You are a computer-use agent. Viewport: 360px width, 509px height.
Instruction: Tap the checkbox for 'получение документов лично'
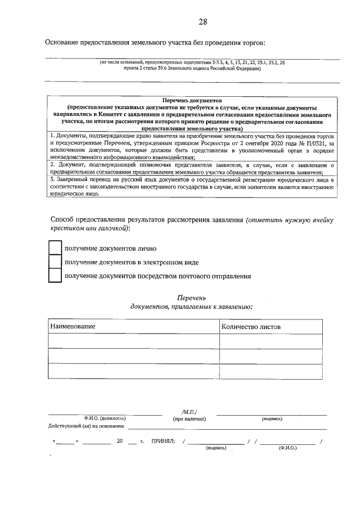[x=55, y=248]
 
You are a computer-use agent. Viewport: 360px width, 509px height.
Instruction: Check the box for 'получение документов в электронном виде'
[x=55, y=262]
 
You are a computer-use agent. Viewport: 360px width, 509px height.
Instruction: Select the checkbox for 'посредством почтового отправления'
[x=55, y=276]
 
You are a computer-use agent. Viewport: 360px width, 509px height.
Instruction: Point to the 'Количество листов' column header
[x=251, y=327]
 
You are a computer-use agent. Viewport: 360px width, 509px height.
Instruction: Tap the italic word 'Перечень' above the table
[x=192, y=296]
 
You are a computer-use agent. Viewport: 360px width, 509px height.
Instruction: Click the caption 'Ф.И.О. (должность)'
[x=105, y=419]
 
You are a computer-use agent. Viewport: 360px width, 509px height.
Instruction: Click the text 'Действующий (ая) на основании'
[x=85, y=426]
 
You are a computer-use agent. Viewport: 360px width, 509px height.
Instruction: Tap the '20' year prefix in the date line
[x=120, y=442]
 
